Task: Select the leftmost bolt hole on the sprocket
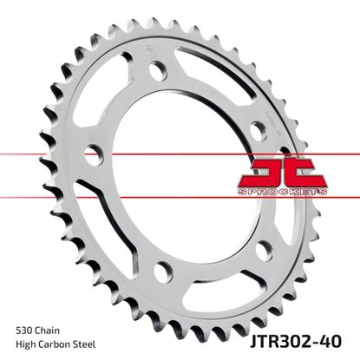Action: pyautogui.click(x=95, y=153)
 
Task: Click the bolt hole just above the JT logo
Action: pyautogui.click(x=258, y=130)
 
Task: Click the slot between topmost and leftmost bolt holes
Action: pyautogui.click(x=108, y=95)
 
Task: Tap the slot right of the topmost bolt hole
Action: pyautogui.click(x=217, y=79)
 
